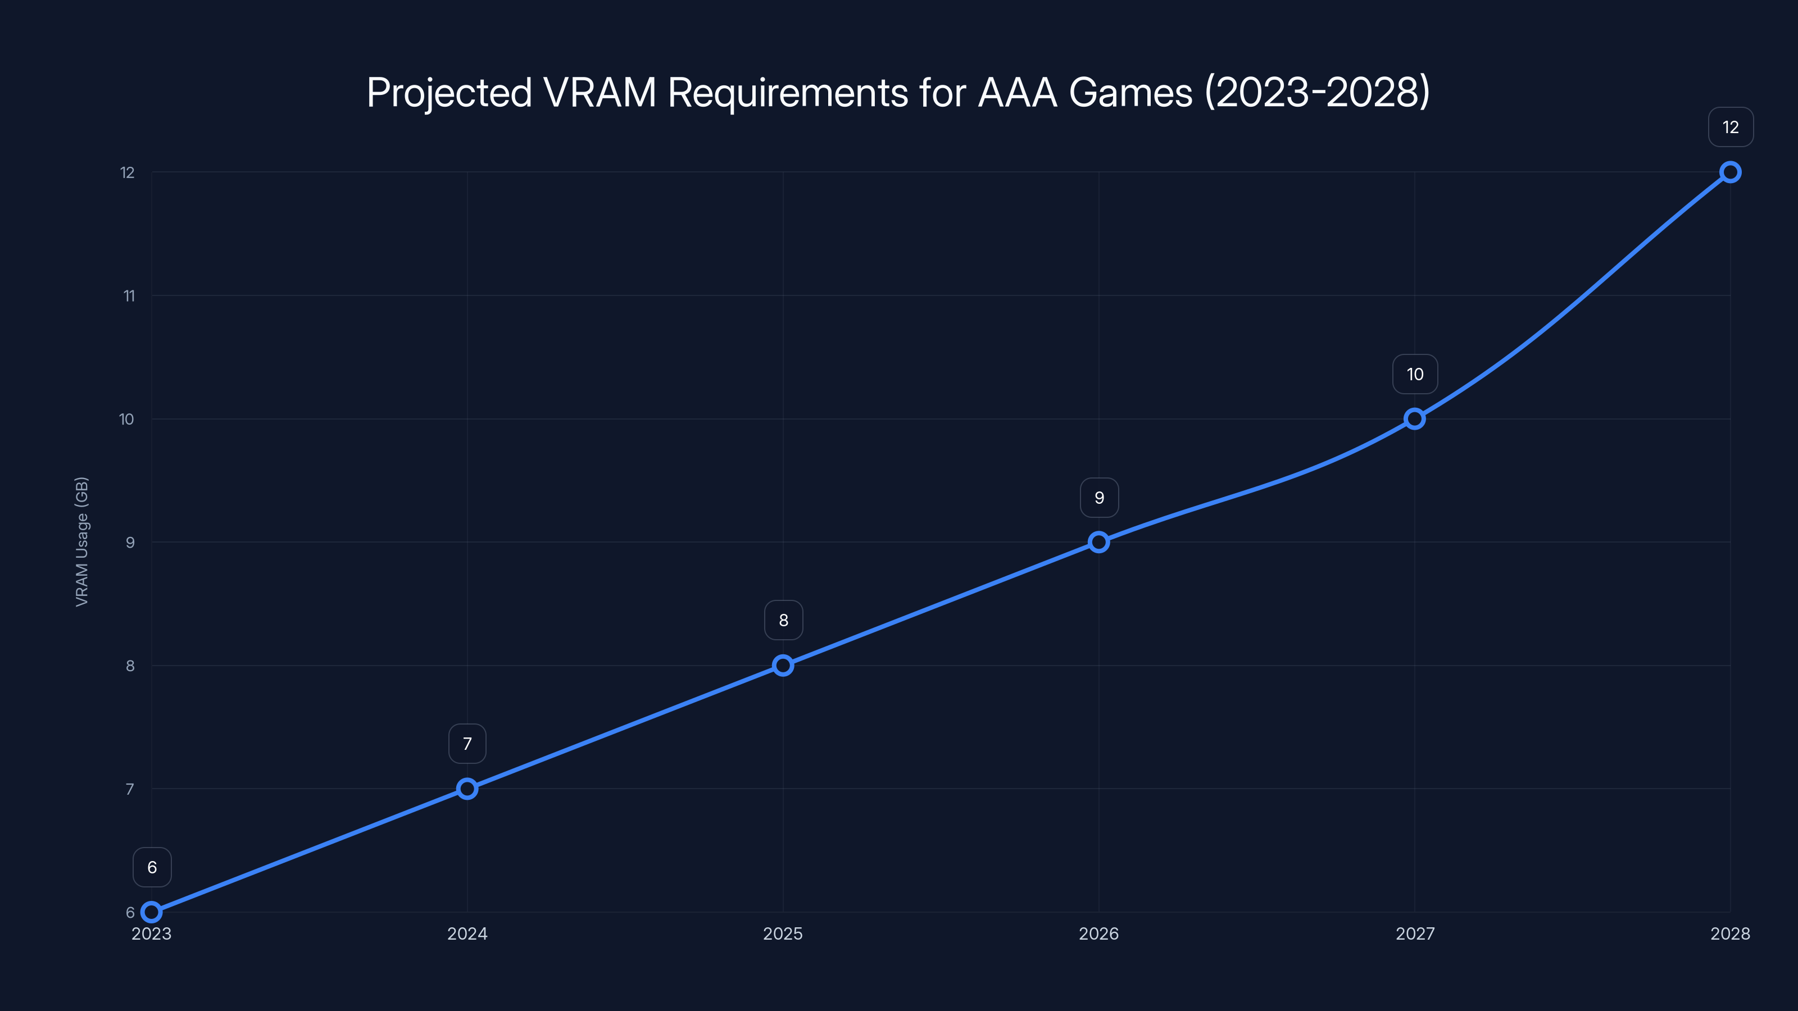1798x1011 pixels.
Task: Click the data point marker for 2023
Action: [x=152, y=912]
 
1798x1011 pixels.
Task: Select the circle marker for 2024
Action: [x=467, y=789]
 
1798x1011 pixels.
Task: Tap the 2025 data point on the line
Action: [x=783, y=665]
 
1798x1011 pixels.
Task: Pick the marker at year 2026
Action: [x=1098, y=542]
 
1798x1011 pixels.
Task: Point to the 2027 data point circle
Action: [x=1415, y=418]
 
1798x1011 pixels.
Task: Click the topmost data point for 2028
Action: [x=1731, y=172]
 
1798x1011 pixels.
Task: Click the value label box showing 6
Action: [x=152, y=867]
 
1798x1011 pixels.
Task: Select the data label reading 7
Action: [x=467, y=744]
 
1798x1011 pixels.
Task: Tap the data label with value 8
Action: [x=783, y=620]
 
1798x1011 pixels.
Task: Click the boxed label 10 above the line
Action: [x=1415, y=374]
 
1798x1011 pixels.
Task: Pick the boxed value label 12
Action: [x=1731, y=127]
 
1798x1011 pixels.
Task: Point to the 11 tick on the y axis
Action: [x=129, y=296]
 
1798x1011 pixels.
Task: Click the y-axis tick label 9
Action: [x=130, y=543]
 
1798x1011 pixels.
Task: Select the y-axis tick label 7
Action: [x=130, y=789]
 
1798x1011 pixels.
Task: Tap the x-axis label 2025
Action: [x=783, y=933]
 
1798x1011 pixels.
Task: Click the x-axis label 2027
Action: [x=1415, y=933]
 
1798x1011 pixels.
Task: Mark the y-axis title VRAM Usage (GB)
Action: [x=81, y=542]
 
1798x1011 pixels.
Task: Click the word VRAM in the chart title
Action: [x=600, y=92]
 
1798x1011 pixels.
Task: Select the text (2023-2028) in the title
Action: [x=1317, y=92]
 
